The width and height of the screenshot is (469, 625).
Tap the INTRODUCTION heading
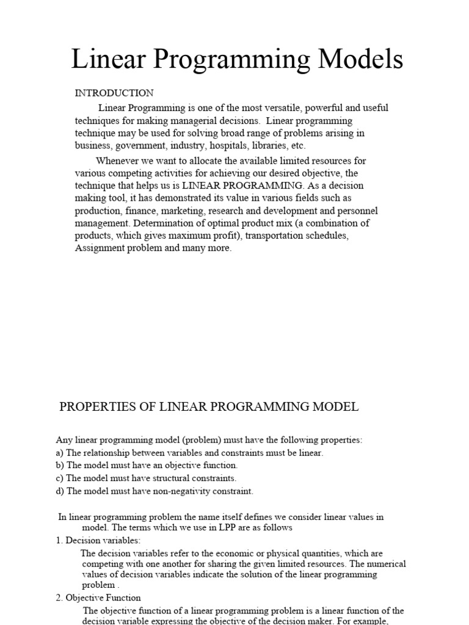(x=114, y=93)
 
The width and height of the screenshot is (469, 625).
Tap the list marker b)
(x=60, y=465)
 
